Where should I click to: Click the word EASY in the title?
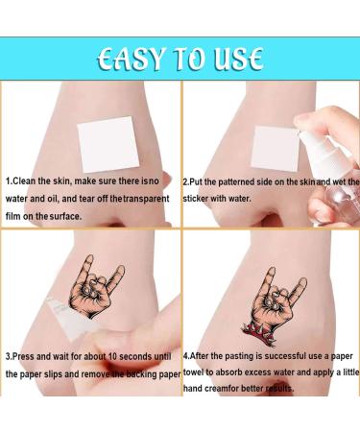[x=134, y=59]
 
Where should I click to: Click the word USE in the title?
[x=236, y=59]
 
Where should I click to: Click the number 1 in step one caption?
[x=9, y=180]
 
